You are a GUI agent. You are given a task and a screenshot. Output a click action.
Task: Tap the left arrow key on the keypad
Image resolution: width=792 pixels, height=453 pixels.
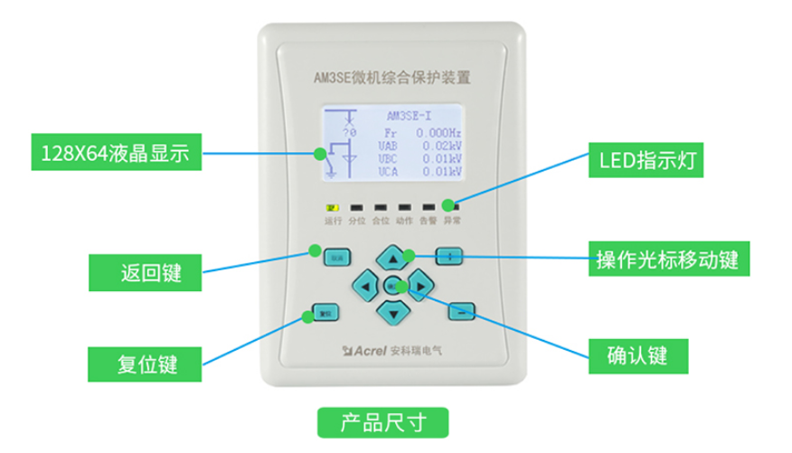[364, 287]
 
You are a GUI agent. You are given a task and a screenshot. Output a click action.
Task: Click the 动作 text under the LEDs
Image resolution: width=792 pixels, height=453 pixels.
[404, 220]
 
